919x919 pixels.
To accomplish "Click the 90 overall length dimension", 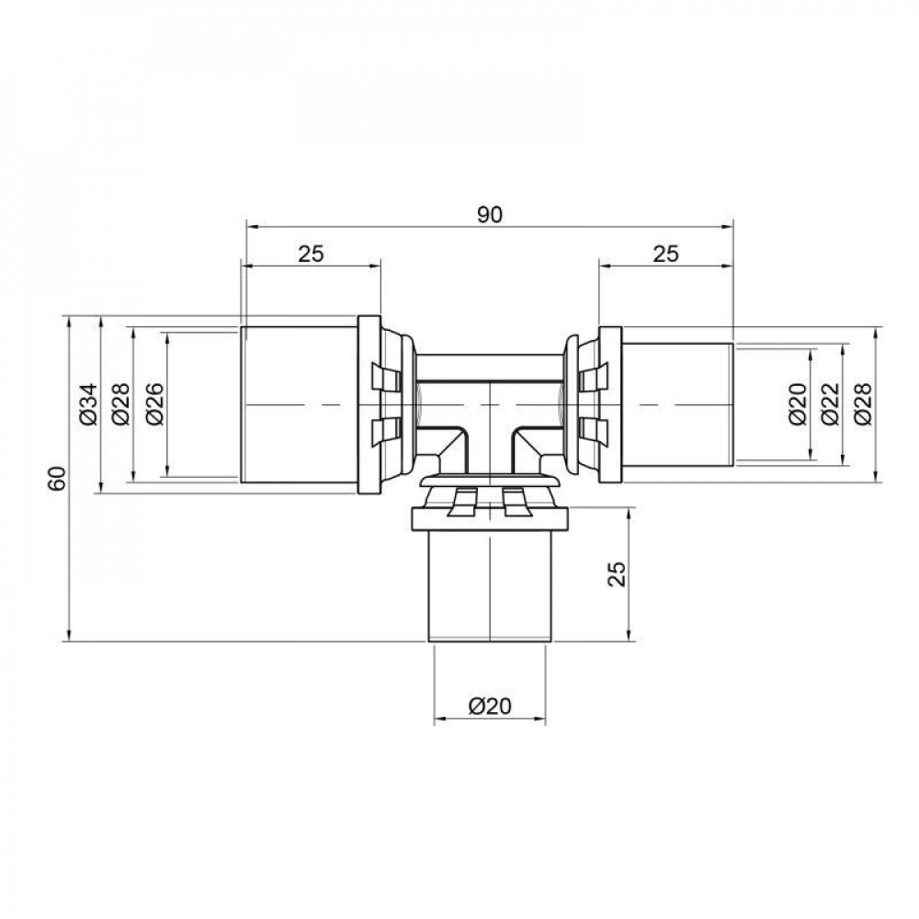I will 491,214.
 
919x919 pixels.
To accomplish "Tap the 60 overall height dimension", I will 57,479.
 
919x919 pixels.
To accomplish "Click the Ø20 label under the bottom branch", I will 489,706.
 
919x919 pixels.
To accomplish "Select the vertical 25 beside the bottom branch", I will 617,574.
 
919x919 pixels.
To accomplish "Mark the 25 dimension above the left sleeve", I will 311,255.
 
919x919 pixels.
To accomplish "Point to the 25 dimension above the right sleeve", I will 665,255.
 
